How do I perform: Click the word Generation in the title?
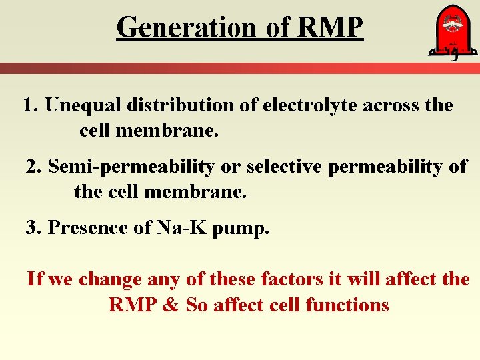pos(185,27)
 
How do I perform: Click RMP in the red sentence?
pos(132,305)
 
